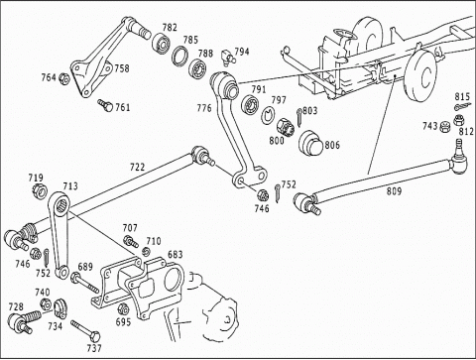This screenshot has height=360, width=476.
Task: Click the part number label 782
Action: click(x=170, y=28)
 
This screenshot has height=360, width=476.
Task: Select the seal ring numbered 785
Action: click(x=180, y=55)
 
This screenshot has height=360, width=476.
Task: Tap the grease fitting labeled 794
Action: click(x=228, y=57)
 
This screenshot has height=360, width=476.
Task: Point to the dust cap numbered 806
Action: click(x=310, y=143)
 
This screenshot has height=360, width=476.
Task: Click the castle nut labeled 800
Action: click(x=286, y=127)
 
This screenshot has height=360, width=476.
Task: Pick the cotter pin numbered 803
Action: click(x=299, y=117)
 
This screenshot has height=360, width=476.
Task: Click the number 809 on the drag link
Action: click(x=394, y=191)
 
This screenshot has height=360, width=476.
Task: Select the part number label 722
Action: click(x=137, y=168)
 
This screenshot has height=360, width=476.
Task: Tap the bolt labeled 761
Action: click(x=105, y=105)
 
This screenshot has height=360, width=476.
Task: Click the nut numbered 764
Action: click(x=63, y=78)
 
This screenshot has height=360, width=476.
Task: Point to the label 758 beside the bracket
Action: click(x=122, y=68)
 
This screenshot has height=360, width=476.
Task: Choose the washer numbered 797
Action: click(x=267, y=116)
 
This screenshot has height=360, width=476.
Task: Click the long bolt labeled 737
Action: click(x=85, y=331)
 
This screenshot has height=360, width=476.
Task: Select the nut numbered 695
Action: click(x=123, y=308)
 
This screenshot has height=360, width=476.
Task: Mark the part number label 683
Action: click(x=176, y=254)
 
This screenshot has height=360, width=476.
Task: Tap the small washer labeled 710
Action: click(x=146, y=252)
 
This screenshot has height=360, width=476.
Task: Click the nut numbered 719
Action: click(x=40, y=190)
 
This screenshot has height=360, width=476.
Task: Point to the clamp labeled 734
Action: click(x=60, y=308)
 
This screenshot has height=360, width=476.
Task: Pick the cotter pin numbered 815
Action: click(x=462, y=106)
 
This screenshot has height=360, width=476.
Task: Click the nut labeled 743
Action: click(x=445, y=127)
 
